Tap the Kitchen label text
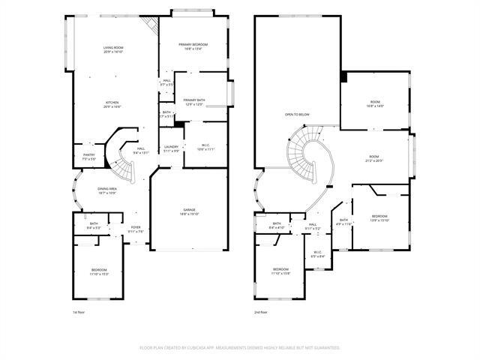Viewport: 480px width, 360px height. [x=112, y=104]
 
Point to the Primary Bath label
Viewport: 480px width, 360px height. [x=194, y=102]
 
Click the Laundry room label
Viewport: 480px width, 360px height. [x=172, y=148]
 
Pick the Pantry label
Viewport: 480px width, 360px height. [x=88, y=157]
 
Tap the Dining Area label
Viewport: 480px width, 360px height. [x=107, y=190]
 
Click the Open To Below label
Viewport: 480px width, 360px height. [x=297, y=114]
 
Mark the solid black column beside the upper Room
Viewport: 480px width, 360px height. [x=343, y=76]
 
